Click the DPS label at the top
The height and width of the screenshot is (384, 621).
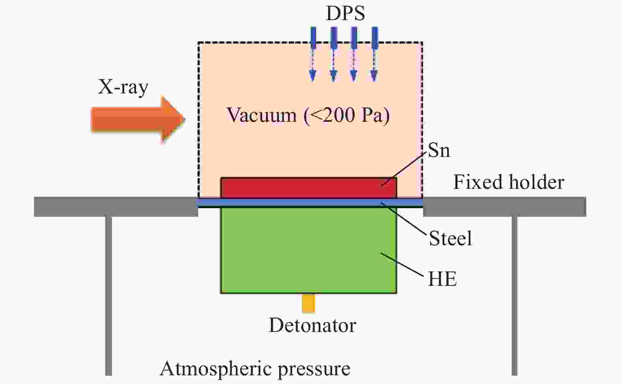(x=345, y=13)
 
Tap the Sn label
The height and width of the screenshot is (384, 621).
(x=439, y=151)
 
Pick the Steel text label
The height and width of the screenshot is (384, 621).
(x=450, y=239)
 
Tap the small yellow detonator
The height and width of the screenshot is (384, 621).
(x=308, y=303)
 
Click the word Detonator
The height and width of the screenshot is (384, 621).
(x=312, y=326)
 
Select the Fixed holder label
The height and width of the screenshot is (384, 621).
(x=509, y=182)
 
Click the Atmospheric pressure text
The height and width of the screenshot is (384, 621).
(x=255, y=369)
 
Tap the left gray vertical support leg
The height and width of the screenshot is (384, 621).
(x=108, y=296)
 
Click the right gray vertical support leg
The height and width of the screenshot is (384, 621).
(x=514, y=296)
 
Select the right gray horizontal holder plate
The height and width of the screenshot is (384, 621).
(x=505, y=207)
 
